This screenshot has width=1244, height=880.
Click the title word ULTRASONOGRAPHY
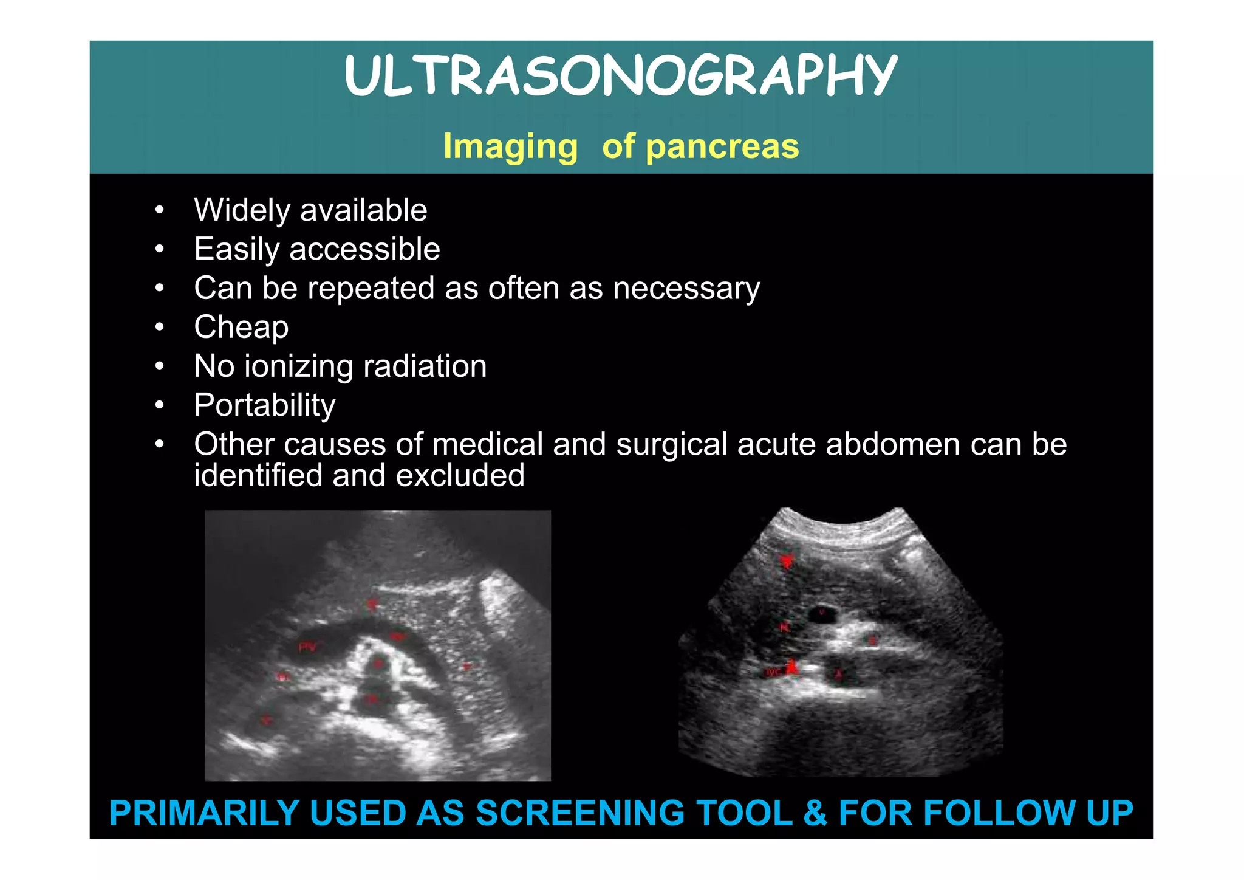click(x=621, y=75)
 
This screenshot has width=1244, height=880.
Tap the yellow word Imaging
click(x=510, y=147)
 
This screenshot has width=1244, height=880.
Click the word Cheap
click(x=241, y=327)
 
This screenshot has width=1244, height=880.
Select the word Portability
click(x=264, y=405)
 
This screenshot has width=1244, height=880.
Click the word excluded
click(x=460, y=475)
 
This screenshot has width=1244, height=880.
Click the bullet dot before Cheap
click(x=159, y=327)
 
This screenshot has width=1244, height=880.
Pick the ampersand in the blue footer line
click(x=815, y=813)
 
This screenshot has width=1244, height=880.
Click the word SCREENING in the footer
click(x=580, y=813)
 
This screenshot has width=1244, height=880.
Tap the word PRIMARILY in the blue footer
click(x=204, y=813)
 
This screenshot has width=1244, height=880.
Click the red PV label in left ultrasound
click(x=307, y=648)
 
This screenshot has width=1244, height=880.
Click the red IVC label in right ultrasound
click(x=773, y=672)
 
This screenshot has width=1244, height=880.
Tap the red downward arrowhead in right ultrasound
click(x=787, y=561)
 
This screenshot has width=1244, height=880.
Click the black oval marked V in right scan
click(x=822, y=613)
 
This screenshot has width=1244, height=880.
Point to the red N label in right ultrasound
click(x=784, y=627)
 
